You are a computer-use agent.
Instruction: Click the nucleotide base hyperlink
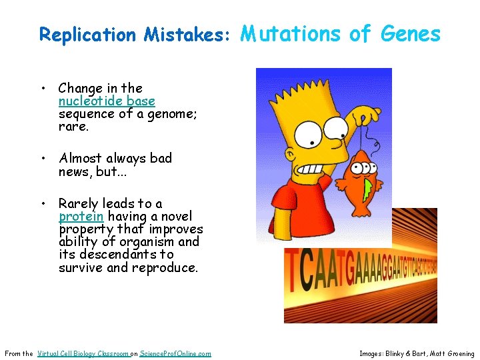[107, 101]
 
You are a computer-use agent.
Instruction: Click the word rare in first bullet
[71, 127]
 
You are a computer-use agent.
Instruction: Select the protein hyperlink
[81, 217]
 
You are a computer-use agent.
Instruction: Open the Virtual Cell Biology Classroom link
[83, 353]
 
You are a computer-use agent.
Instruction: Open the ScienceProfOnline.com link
[175, 353]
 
